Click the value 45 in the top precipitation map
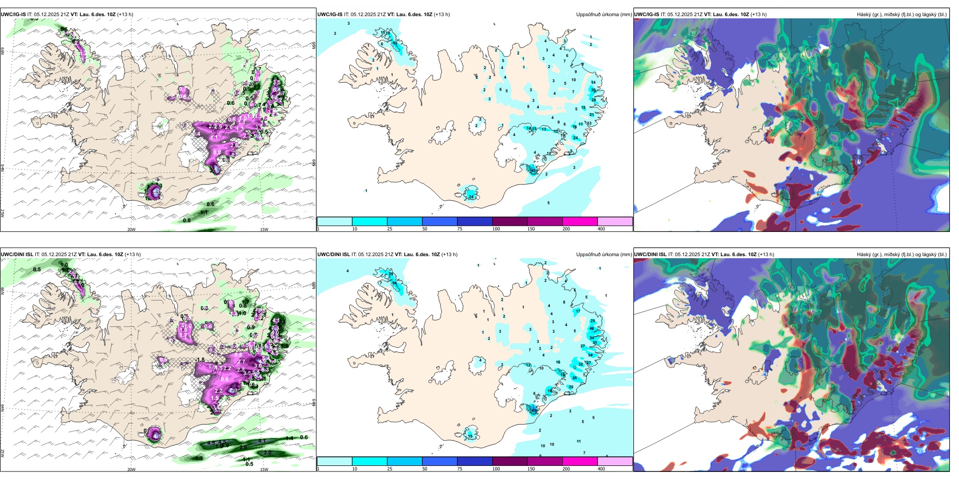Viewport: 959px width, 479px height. [x=534, y=170]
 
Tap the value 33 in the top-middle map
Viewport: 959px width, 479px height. [x=394, y=43]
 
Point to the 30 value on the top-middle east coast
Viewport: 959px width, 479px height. [x=593, y=89]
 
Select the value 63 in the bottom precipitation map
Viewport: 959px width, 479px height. [x=534, y=410]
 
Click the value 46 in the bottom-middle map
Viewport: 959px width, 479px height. [x=592, y=328]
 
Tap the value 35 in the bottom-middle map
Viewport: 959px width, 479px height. [x=574, y=378]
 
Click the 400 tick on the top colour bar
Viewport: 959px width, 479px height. [x=601, y=229]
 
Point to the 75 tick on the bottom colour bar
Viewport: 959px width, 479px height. [x=460, y=469]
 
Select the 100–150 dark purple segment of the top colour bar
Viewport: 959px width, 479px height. [x=509, y=221]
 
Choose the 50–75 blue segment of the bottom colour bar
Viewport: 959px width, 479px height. [x=439, y=461]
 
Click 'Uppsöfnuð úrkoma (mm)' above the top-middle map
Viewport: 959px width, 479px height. [x=603, y=15]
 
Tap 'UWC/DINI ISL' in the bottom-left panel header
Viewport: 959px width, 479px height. [x=17, y=255]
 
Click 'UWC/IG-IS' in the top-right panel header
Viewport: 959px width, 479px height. [x=647, y=15]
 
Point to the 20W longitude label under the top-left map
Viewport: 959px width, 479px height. [x=131, y=229]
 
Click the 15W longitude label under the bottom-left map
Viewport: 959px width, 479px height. [x=264, y=469]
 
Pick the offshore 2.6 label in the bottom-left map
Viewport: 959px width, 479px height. [x=243, y=447]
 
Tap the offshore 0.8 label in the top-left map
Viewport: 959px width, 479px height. [x=187, y=220]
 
